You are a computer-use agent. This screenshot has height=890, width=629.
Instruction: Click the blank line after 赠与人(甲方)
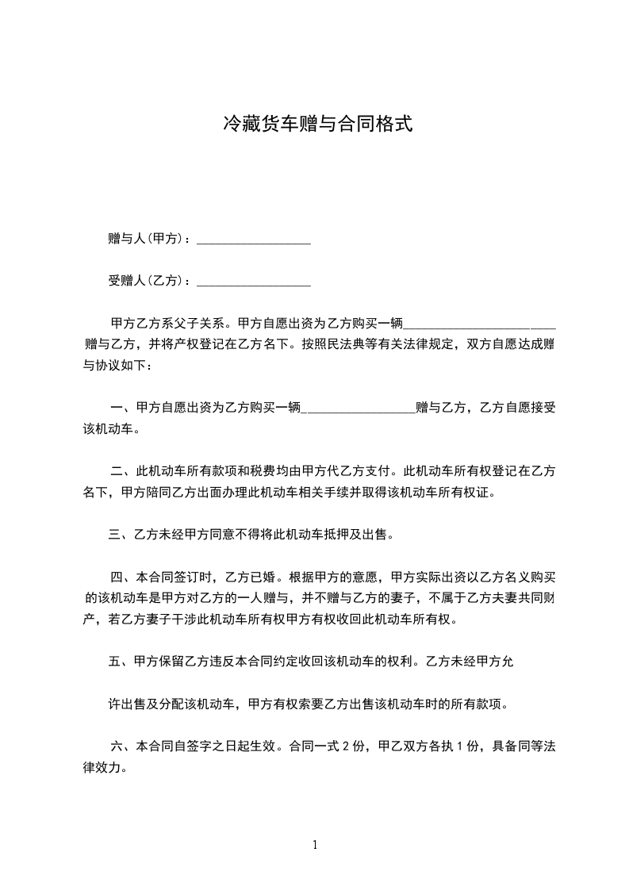[253, 239]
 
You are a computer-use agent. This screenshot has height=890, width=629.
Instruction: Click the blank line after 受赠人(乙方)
[253, 281]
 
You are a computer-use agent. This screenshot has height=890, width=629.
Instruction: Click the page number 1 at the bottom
[315, 845]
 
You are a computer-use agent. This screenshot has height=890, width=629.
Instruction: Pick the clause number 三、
[119, 535]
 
